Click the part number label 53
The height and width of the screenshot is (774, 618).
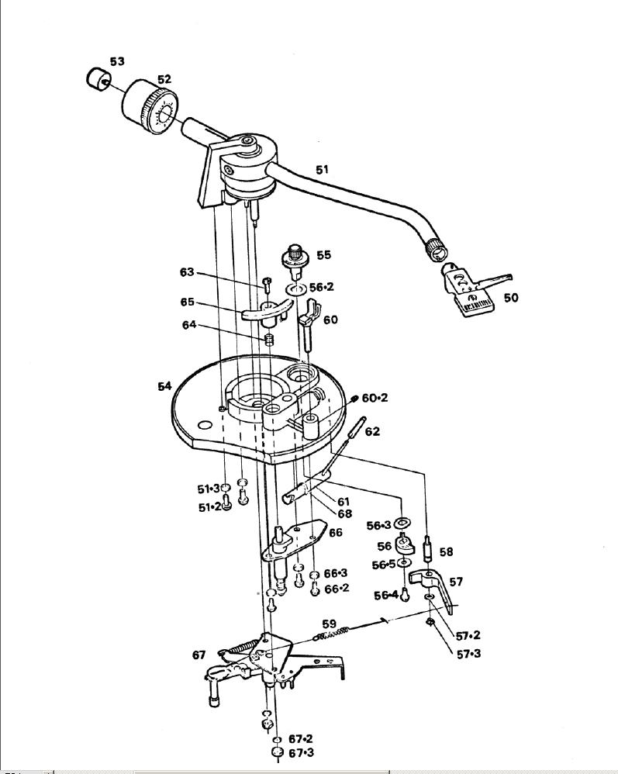pyautogui.click(x=117, y=61)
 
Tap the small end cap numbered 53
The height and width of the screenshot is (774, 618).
pyautogui.click(x=97, y=78)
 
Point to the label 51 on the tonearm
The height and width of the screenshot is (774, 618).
pyautogui.click(x=322, y=169)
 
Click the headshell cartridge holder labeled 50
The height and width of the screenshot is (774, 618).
pyautogui.click(x=468, y=289)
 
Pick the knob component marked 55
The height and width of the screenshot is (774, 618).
pyautogui.click(x=295, y=258)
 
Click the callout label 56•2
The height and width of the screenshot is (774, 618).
pyautogui.click(x=321, y=287)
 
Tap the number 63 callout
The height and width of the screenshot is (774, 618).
pyautogui.click(x=187, y=272)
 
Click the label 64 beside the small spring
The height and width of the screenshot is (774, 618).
pyautogui.click(x=189, y=325)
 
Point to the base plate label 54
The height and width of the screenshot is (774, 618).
pyautogui.click(x=164, y=386)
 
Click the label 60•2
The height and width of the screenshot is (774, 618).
pyautogui.click(x=375, y=398)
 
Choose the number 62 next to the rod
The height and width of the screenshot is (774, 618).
pyautogui.click(x=372, y=431)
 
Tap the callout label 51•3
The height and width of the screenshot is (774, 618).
pyautogui.click(x=208, y=489)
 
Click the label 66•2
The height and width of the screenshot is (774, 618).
pyautogui.click(x=337, y=589)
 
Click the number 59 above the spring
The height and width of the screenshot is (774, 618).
pyautogui.click(x=330, y=623)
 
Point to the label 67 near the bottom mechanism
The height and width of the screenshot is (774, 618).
pyautogui.click(x=199, y=655)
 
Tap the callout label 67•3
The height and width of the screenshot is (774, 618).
pyautogui.click(x=300, y=753)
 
